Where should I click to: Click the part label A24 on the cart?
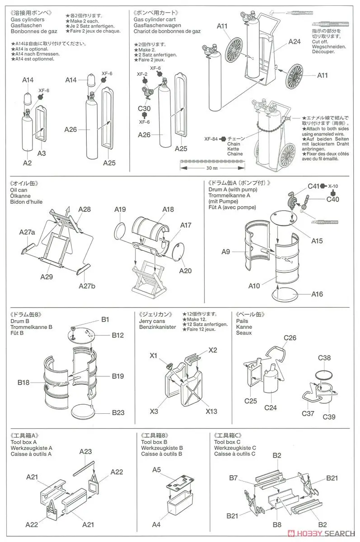tap(294, 42)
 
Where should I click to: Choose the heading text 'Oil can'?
tap(19, 191)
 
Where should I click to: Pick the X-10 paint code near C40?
tap(333, 186)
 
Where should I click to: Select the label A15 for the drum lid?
tap(317, 241)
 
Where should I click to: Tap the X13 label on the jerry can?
tap(211, 411)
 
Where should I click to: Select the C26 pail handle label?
tap(290, 338)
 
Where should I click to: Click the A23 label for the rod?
tap(85, 451)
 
